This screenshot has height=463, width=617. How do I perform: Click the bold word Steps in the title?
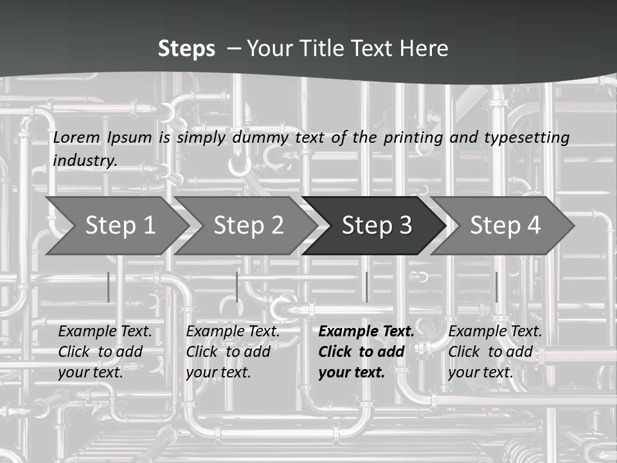(186, 49)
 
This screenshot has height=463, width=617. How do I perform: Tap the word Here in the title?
(424, 48)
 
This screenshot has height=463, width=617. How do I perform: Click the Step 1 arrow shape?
(117, 226)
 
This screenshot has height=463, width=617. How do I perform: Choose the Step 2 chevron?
(246, 226)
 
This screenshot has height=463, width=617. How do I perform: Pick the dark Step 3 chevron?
(374, 226)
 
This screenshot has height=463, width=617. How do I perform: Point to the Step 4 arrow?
(503, 226)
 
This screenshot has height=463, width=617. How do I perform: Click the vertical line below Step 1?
(108, 287)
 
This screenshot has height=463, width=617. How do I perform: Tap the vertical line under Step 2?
(237, 287)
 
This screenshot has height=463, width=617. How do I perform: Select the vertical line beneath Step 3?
(367, 287)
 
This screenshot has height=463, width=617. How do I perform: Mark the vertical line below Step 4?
(497, 287)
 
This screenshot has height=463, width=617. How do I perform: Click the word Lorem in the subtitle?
(76, 138)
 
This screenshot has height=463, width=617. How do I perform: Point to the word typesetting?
(527, 138)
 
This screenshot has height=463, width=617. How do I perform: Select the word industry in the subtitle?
(85, 161)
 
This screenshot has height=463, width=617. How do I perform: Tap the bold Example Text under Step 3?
(366, 331)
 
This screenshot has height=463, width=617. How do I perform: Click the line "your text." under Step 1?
(91, 372)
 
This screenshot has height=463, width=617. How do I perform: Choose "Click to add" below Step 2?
(228, 352)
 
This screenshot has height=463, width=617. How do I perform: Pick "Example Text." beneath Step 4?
(495, 331)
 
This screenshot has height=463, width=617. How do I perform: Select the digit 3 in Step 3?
(406, 225)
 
